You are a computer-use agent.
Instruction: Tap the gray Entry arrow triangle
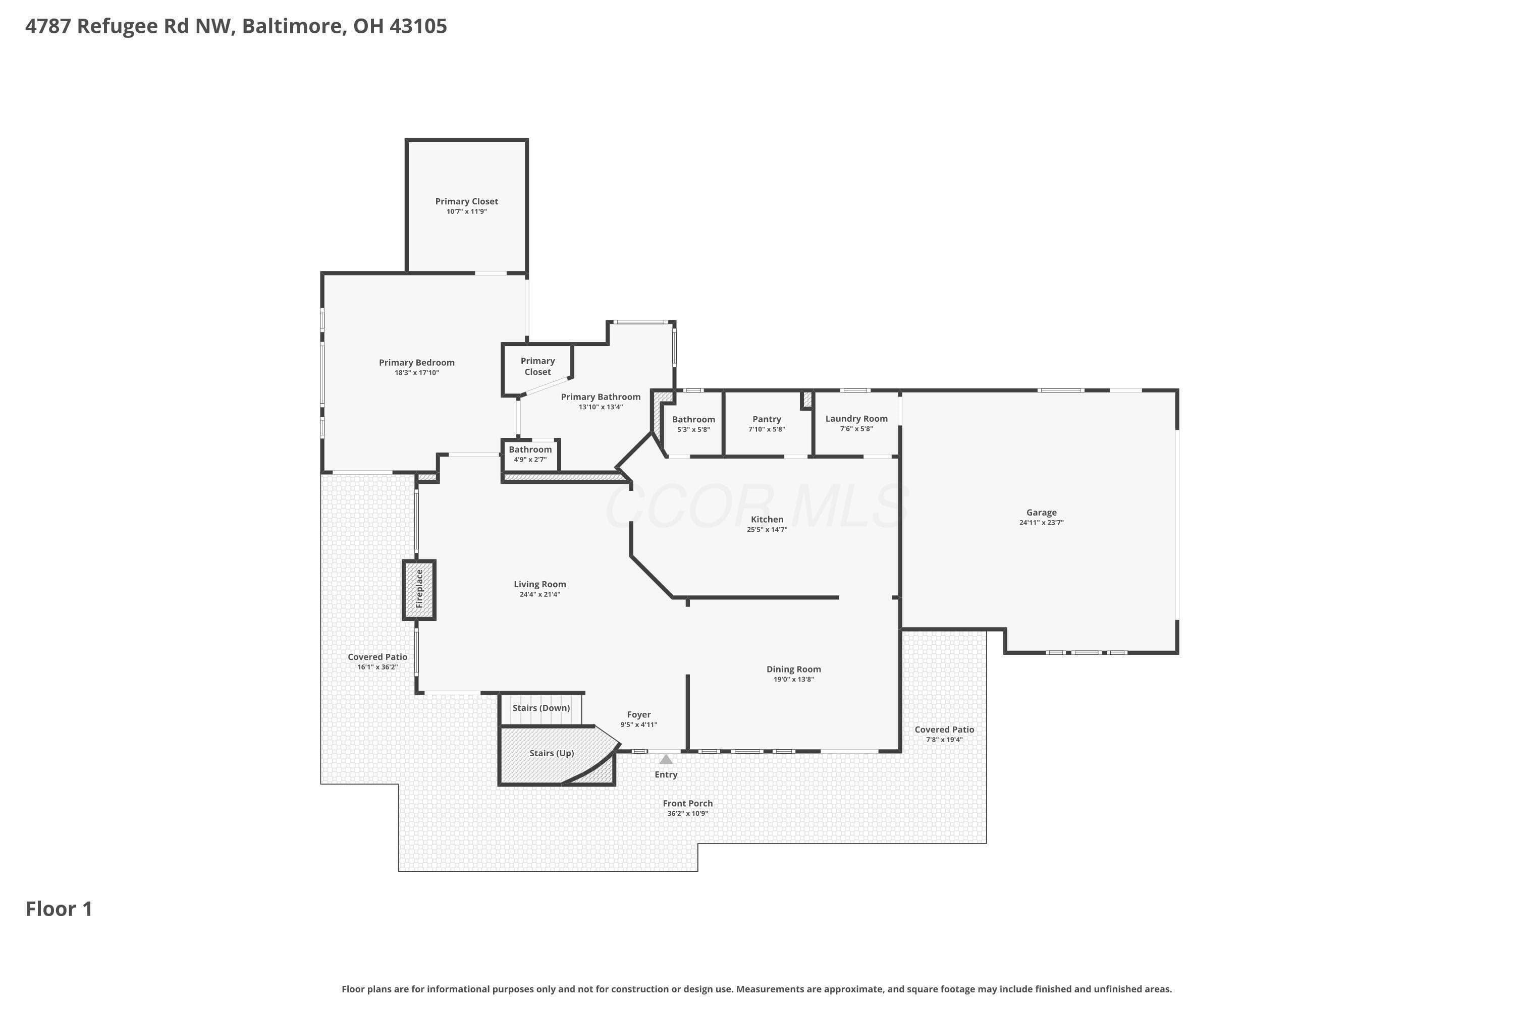point(666,759)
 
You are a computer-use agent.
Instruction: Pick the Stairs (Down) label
point(542,708)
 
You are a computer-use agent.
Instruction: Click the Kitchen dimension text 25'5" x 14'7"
point(767,530)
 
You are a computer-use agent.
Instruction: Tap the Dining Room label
point(794,669)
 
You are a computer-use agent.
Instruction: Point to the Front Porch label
point(687,803)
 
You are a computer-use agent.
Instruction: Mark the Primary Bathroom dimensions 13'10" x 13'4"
point(601,407)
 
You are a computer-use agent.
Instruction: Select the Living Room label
point(539,584)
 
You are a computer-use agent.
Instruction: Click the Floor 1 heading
point(59,909)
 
